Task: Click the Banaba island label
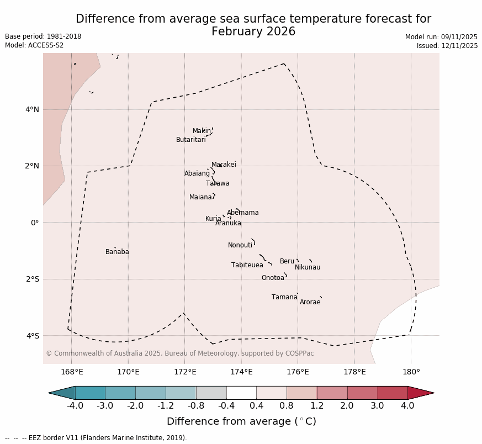[x=117, y=252]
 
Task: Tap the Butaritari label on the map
[x=190, y=140]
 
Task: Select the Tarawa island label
[x=218, y=183]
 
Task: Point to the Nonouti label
[x=240, y=245]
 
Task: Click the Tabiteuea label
[x=247, y=265]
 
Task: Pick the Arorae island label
[x=310, y=302]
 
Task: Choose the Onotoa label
[x=273, y=278]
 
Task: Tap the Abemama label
[x=242, y=213]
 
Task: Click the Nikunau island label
[x=308, y=267]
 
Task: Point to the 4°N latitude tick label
[x=32, y=109]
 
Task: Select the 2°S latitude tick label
[x=32, y=279]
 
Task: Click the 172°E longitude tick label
[x=185, y=372]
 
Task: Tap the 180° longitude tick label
[x=411, y=372]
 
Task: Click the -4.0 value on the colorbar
[x=75, y=406]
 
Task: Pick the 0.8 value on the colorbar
[x=287, y=406]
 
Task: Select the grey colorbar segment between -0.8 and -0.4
[x=211, y=393]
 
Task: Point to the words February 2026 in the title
[x=253, y=31]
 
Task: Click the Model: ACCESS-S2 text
[x=34, y=45]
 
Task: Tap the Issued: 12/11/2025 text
[x=447, y=46]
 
